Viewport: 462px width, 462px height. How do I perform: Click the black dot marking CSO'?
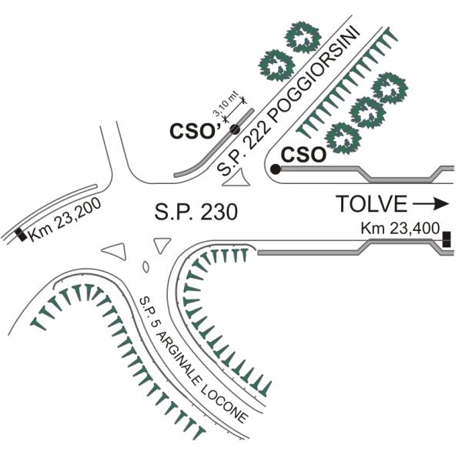[235, 129]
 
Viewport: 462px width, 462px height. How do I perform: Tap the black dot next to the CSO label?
[276, 169]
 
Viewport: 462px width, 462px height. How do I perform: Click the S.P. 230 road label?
[196, 212]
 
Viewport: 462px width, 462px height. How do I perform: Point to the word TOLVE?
[372, 204]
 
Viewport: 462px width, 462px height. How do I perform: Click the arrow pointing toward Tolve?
[430, 204]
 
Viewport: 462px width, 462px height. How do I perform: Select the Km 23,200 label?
[65, 219]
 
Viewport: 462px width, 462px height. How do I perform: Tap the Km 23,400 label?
[400, 229]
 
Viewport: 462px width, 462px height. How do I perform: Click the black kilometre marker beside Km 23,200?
[21, 235]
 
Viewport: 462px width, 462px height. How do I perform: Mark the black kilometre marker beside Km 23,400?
[447, 239]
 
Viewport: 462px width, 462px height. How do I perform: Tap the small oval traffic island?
[146, 266]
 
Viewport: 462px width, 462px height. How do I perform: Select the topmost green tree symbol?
[303, 37]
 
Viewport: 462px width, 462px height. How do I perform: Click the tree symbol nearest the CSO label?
[343, 139]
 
